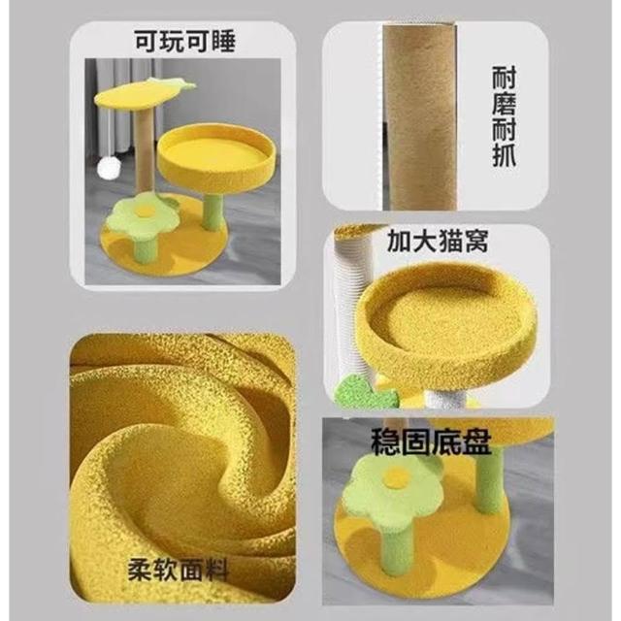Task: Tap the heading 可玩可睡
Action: point(185,41)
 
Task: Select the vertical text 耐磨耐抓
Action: point(504,116)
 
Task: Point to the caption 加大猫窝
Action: point(437,242)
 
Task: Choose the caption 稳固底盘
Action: point(431,441)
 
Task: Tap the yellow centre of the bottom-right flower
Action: point(396,474)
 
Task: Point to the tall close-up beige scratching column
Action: point(419,116)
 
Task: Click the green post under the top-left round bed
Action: point(212,210)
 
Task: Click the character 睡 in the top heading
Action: point(224,41)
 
